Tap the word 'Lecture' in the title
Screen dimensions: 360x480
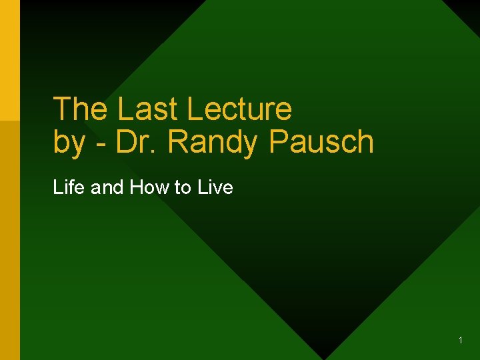tap(241, 109)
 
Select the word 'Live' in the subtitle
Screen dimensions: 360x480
tap(215, 187)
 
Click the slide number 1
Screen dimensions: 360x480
tap(461, 341)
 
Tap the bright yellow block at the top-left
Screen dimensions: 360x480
tap(10, 60)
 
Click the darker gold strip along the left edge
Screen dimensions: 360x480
tap(10, 240)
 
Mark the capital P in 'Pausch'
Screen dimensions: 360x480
tap(277, 141)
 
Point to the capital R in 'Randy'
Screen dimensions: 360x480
tap(177, 141)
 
